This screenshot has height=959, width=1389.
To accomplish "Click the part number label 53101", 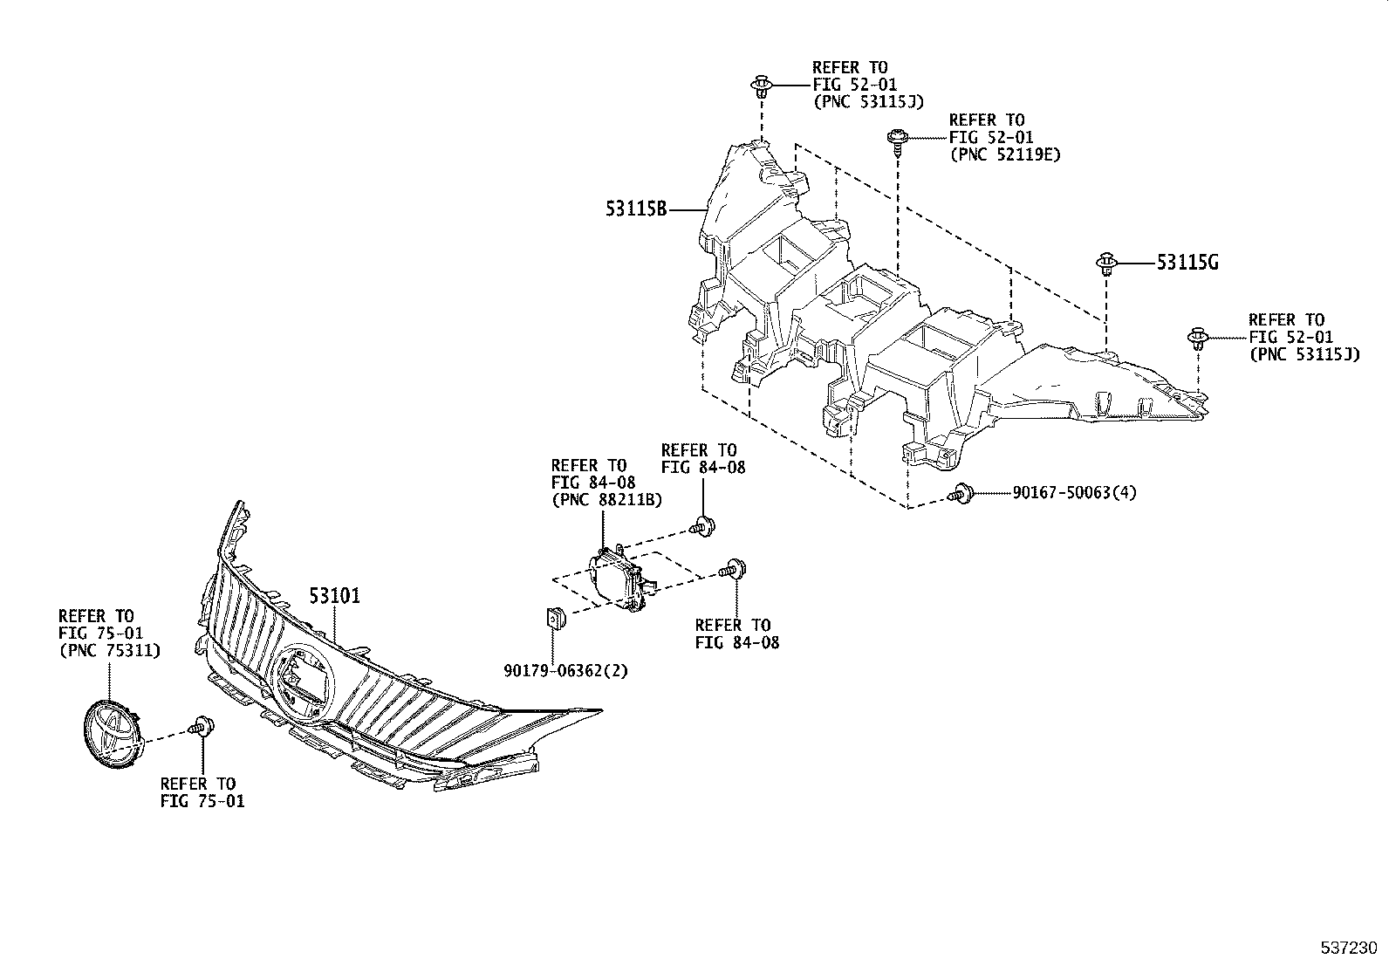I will (334, 597).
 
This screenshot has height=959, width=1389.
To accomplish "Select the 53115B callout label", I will (637, 209).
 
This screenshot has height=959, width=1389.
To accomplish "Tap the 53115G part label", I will (1187, 262).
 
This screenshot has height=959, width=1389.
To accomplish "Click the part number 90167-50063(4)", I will (1074, 493).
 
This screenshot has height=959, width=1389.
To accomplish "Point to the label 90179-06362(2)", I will (565, 670).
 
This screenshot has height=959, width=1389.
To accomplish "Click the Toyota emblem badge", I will (111, 733).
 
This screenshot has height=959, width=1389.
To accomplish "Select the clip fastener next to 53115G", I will (1107, 263).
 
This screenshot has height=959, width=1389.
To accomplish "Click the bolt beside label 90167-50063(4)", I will (961, 494).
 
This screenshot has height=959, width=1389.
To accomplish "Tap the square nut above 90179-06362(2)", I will (555, 618).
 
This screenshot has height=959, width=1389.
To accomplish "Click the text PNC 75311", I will (109, 650).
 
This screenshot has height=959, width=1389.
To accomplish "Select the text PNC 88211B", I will (606, 499).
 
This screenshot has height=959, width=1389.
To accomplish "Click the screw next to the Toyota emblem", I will (203, 725).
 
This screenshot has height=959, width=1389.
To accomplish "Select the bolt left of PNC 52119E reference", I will (896, 138).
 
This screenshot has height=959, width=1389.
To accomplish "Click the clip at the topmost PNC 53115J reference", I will (762, 86).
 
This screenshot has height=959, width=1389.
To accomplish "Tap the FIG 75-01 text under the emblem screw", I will (202, 800).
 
